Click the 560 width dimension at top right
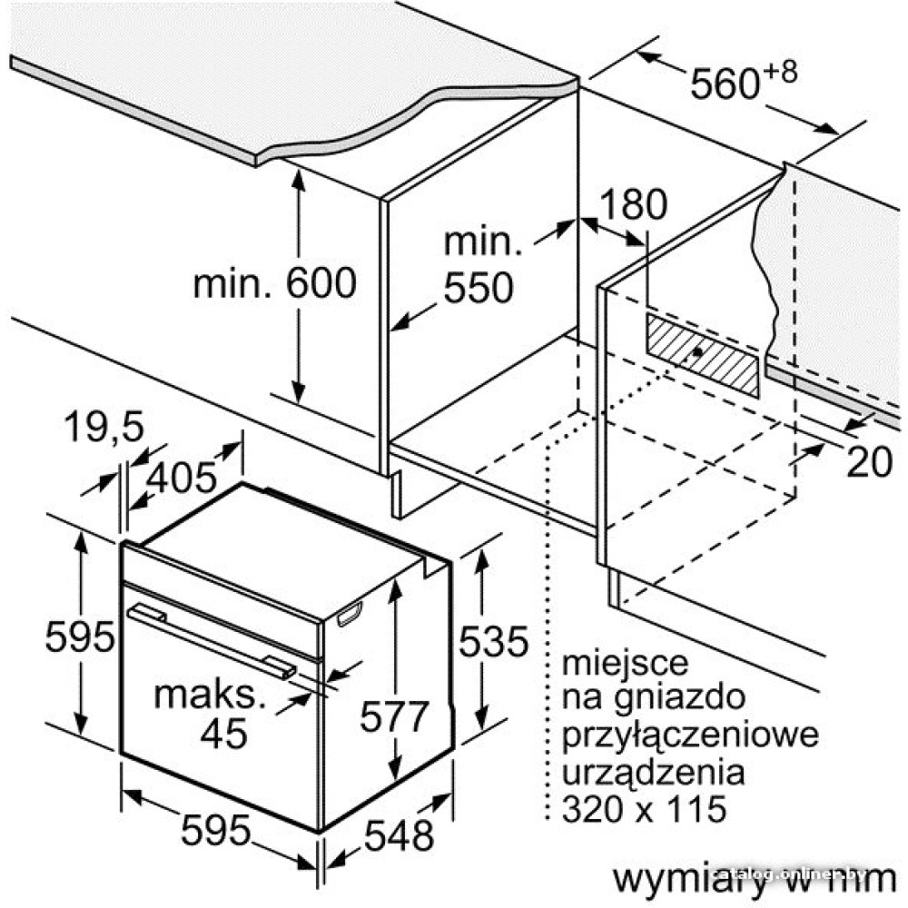coord(725,84)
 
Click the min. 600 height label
coord(274,282)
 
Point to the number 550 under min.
coord(479,287)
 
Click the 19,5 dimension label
coord(104,427)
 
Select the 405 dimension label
coord(182,479)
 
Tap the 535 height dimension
coord(493,641)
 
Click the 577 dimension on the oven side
coord(394,716)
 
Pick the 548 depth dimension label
coord(399,835)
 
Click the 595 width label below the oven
coord(215,830)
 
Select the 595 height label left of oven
coord(80,637)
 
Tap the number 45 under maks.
coord(223,734)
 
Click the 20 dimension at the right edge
coord(869,462)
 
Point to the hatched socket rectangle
coord(703,355)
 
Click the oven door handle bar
coord(212,639)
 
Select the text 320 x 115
coord(644,809)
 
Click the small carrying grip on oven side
coord(350,614)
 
